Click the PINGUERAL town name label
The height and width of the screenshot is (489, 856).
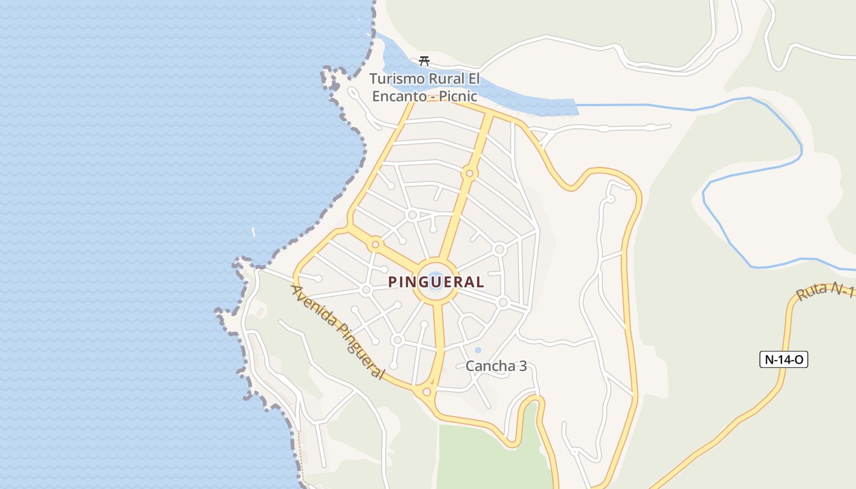[x=437, y=282]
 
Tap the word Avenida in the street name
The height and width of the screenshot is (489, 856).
[x=314, y=305]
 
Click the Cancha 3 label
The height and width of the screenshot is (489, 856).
[x=496, y=366]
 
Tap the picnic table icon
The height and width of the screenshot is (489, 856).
[x=424, y=61]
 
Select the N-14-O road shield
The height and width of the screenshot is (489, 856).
[x=784, y=359]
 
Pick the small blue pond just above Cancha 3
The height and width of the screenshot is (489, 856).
[x=478, y=350]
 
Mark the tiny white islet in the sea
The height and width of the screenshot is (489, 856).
[x=254, y=232]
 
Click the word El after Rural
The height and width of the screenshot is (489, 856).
[x=474, y=79]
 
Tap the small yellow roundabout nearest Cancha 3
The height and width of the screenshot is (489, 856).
[x=427, y=392]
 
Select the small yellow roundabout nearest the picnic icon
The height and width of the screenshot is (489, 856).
[x=469, y=174]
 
